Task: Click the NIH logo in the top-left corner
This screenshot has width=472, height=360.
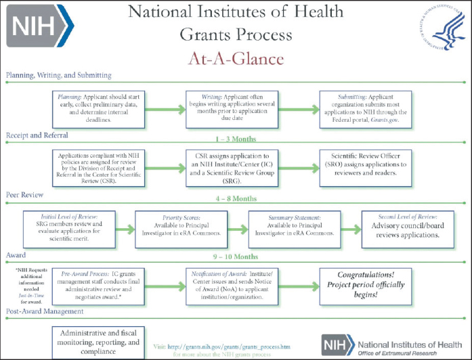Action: point(39,28)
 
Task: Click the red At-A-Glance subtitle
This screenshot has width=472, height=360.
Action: point(236,59)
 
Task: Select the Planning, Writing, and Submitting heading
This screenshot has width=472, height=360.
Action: point(59,75)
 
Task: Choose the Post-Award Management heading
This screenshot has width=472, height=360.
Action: point(45,312)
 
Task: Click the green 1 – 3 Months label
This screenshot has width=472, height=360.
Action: point(236,138)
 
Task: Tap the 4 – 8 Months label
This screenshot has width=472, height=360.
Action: point(236,198)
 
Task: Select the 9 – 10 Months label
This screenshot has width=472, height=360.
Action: point(236,257)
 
